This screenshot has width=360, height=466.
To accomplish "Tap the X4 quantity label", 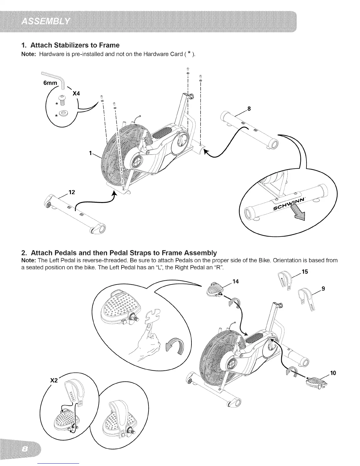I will tap(76, 94).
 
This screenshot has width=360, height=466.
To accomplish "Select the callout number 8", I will tap(249, 109).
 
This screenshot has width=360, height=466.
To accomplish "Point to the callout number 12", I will tap(72, 192).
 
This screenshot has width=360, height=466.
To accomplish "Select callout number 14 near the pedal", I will tap(235, 282).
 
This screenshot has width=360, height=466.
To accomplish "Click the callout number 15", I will tap(305, 272).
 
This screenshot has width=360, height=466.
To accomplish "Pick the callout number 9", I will tap(323, 289).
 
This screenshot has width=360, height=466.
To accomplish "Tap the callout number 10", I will tap(333, 373).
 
